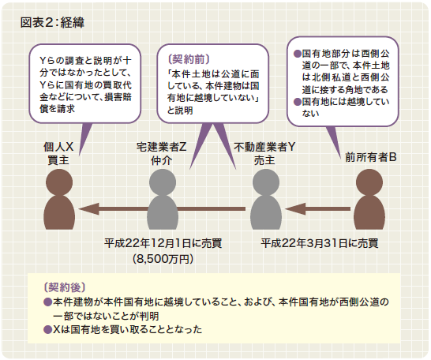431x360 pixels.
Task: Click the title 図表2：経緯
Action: (x=52, y=23)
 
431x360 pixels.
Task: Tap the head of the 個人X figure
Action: (x=59, y=182)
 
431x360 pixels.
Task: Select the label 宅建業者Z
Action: (x=161, y=148)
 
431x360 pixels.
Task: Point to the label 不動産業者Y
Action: (x=264, y=148)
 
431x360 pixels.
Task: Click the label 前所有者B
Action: (x=371, y=157)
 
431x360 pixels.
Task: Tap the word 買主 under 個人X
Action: (x=58, y=160)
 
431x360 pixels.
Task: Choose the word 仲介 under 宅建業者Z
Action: (x=161, y=160)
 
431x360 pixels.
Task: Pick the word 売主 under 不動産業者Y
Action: (x=264, y=160)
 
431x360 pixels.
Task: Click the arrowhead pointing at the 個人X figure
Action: (x=88, y=209)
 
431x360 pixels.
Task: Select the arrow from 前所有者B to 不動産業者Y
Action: (x=318, y=209)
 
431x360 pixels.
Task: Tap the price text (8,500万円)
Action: (x=163, y=259)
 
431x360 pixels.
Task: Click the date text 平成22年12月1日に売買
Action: (x=163, y=243)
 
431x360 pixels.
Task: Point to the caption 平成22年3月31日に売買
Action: (x=320, y=243)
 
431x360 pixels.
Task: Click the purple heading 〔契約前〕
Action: (x=189, y=59)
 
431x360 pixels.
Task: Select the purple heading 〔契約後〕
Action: (x=65, y=287)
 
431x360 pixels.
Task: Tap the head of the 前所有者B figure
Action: (x=369, y=182)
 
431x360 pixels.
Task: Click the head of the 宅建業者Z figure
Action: (x=163, y=182)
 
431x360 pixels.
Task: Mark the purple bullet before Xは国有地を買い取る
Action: (x=48, y=329)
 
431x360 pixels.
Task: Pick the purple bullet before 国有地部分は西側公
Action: (x=298, y=54)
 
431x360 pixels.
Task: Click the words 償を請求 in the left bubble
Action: (x=57, y=109)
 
